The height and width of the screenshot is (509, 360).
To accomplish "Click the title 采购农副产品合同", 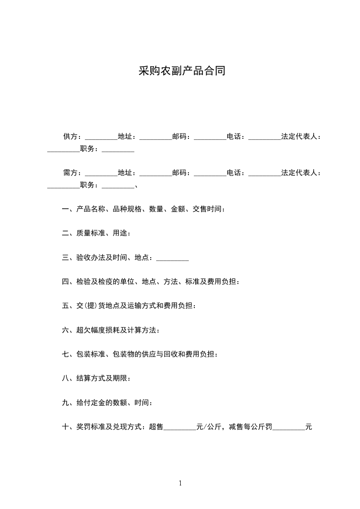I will tap(182, 71).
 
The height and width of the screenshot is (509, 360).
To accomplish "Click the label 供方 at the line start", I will tap(70, 136).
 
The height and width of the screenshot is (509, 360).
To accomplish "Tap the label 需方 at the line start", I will tap(70, 172).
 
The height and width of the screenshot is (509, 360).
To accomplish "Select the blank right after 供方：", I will tap(101, 137).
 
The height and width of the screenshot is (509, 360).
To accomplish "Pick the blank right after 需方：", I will tap(101, 173).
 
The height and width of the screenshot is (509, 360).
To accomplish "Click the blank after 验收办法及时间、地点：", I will tap(172, 259).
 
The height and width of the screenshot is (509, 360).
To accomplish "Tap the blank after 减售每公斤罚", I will tap(288, 427).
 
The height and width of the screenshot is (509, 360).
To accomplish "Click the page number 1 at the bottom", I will tap(180, 483).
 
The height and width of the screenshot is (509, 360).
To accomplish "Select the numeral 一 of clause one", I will tap(65, 209).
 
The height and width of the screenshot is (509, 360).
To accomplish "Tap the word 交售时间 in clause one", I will tap(207, 209).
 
